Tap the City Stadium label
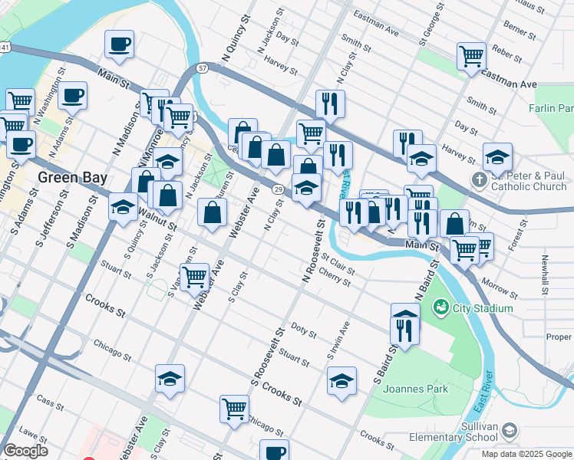pyautogui.click(x=482, y=308)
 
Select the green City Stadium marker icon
pyautogui.click(x=441, y=308)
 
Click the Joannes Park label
pyautogui.click(x=415, y=389)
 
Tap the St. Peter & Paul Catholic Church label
pyautogui.click(x=529, y=182)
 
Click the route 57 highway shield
pyautogui.click(x=203, y=68)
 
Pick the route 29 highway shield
pyautogui.click(x=277, y=189)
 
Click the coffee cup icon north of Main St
pyautogui.click(x=119, y=44)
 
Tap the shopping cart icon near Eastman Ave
pyautogui.click(x=471, y=56)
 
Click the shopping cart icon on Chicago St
pyautogui.click(x=234, y=409)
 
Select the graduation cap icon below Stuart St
pyautogui.click(x=170, y=378)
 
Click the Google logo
pyautogui.click(x=25, y=451)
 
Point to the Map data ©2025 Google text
pyautogui.click(x=527, y=454)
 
